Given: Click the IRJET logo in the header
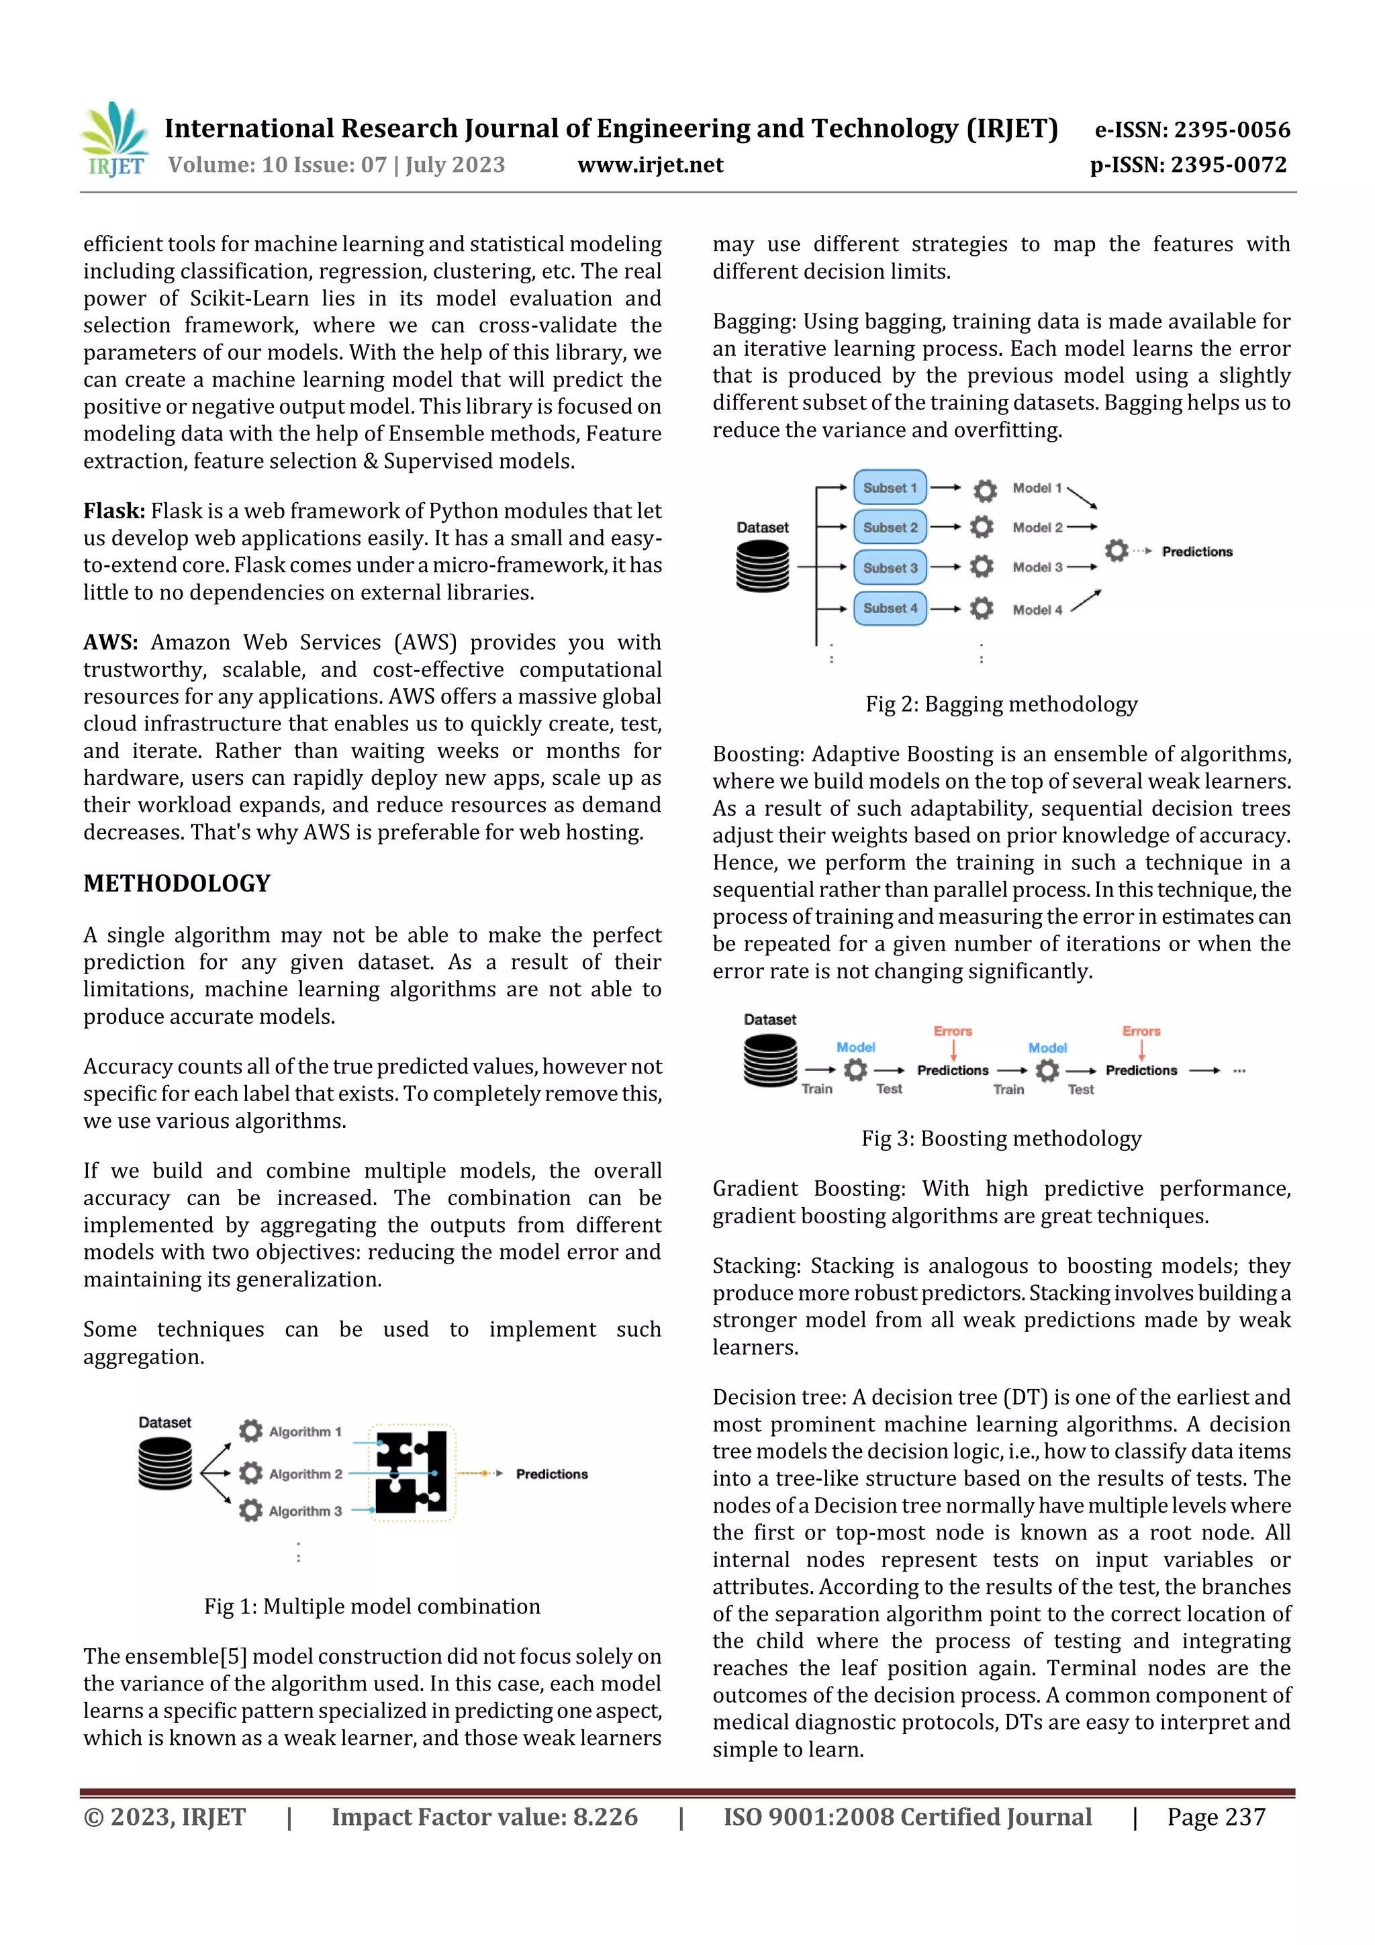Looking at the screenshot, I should pyautogui.click(x=115, y=140).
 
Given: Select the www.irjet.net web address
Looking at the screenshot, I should pyautogui.click(x=650, y=164).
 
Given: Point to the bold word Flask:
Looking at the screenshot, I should pyautogui.click(x=113, y=511).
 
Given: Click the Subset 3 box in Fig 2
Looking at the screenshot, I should pyautogui.click(x=890, y=567).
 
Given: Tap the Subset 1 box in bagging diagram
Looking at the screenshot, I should pyautogui.click(x=890, y=488).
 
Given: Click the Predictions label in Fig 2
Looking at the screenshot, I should pyautogui.click(x=1196, y=551).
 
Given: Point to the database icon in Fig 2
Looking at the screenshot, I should pyautogui.click(x=763, y=566).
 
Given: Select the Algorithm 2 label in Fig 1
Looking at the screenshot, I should pyautogui.click(x=305, y=1474).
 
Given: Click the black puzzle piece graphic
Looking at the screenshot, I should pyautogui.click(x=412, y=1472).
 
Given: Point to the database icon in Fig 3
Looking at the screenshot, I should pyautogui.click(x=769, y=1061).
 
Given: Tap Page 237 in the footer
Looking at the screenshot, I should pyautogui.click(x=1216, y=1816).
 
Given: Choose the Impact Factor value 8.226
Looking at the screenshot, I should pyautogui.click(x=484, y=1816).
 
